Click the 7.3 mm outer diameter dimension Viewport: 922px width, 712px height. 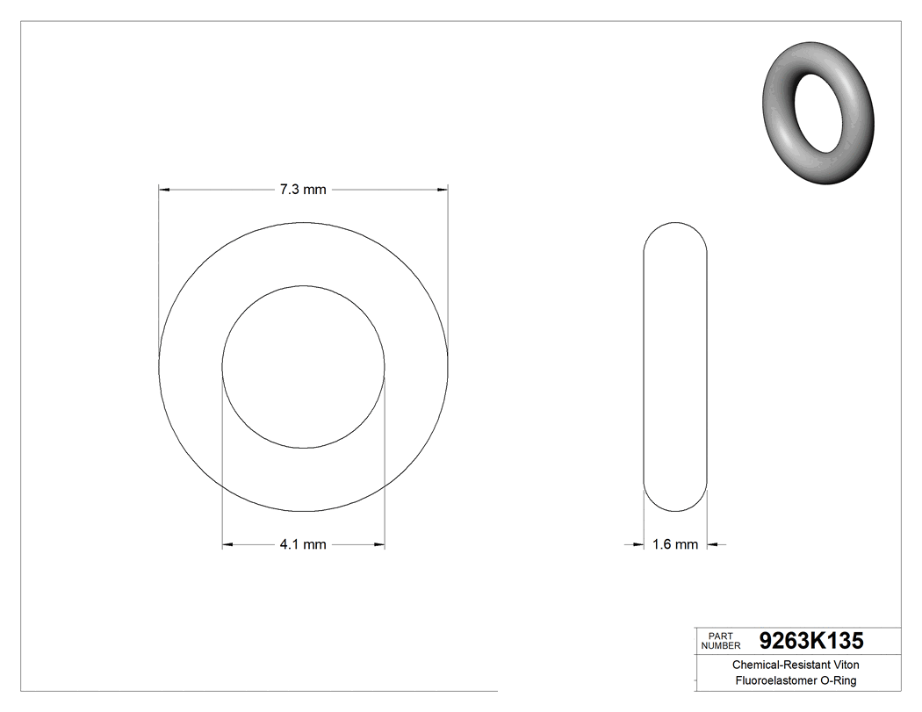(x=303, y=190)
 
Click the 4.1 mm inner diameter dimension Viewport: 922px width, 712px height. (x=303, y=544)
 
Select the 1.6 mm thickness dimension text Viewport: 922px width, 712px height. (x=675, y=544)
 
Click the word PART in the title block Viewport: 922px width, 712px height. (x=719, y=636)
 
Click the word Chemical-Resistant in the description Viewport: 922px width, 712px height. (x=773, y=665)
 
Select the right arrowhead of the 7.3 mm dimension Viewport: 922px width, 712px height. (x=443, y=189)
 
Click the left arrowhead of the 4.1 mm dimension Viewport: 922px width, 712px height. (x=227, y=545)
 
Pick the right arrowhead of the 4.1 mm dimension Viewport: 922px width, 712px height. (x=379, y=545)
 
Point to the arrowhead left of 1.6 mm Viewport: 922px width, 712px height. (x=639, y=545)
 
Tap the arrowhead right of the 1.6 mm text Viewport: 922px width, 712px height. (x=712, y=545)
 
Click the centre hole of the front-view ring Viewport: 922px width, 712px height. (x=303, y=366)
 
